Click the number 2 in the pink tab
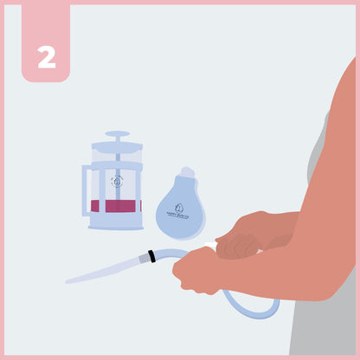pos(46,56)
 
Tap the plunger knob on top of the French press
pos(117,135)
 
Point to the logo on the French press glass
pos(117,182)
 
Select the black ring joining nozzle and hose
pos(151,256)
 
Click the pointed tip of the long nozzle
pos(70,280)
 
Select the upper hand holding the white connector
pos(247,234)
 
